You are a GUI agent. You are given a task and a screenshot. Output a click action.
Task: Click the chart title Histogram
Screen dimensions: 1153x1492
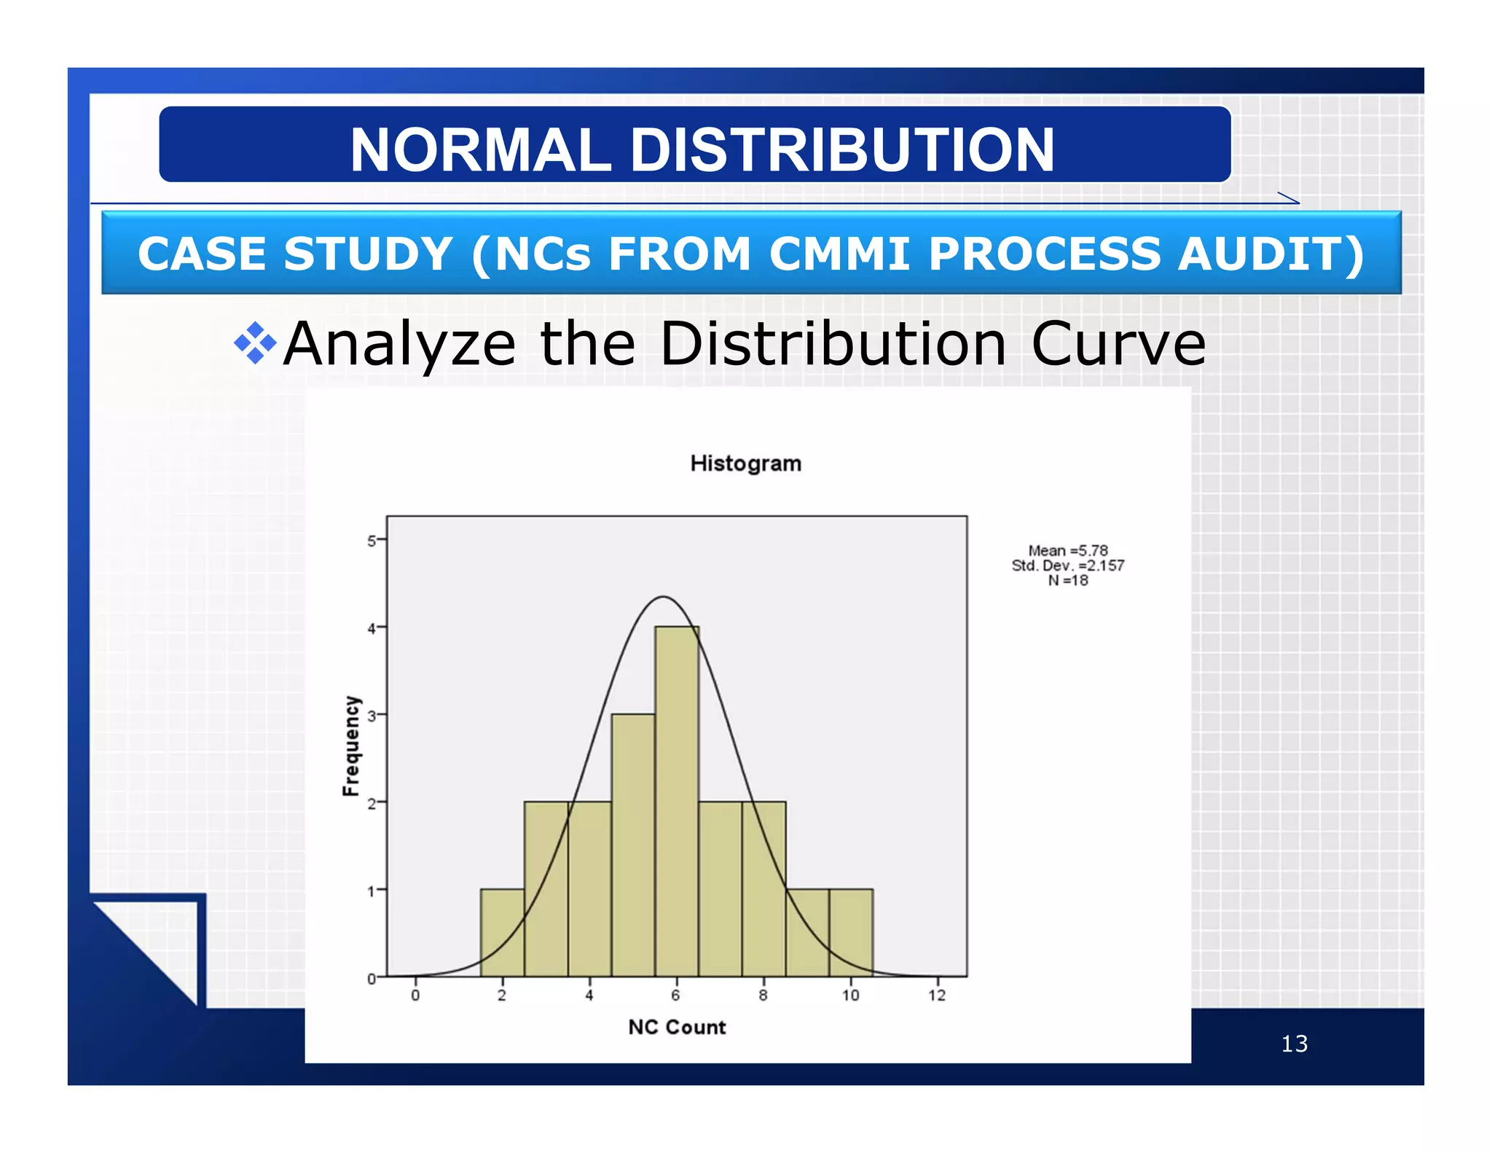tap(745, 464)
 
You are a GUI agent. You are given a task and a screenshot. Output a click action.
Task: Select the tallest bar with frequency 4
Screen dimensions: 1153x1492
tap(676, 802)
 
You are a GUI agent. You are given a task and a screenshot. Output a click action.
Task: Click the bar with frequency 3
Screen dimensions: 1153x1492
tap(632, 845)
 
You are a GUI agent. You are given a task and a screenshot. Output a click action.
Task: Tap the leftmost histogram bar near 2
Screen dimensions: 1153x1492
tap(502, 933)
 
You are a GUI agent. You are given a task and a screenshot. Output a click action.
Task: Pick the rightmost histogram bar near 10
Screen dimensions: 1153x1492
tap(850, 933)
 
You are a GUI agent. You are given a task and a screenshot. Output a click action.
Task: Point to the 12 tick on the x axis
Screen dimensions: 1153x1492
tap(937, 995)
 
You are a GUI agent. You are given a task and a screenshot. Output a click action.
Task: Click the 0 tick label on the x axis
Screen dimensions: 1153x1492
tap(415, 995)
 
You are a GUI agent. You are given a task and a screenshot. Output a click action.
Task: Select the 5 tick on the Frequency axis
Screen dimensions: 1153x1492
tap(372, 541)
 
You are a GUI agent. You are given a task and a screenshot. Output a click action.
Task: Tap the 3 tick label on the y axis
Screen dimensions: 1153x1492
tap(372, 716)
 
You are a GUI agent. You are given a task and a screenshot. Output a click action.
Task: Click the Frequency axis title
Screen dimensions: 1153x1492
tap(351, 746)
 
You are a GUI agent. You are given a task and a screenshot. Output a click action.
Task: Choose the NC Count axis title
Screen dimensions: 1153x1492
tap(677, 1027)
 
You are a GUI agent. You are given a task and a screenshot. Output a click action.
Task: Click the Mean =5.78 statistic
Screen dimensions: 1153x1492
tap(1067, 551)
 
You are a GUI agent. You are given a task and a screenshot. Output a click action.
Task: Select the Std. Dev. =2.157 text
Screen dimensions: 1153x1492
tap(1067, 566)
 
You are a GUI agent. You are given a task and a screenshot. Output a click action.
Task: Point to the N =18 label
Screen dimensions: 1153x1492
tap(1067, 581)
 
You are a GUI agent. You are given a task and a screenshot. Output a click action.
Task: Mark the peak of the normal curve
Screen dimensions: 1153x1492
tap(663, 598)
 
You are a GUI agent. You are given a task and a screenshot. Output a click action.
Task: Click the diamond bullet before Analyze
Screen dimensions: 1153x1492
tap(255, 343)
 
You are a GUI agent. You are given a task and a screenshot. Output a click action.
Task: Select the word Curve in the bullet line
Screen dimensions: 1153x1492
tap(1118, 344)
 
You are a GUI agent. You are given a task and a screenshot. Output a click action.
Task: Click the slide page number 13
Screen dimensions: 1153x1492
tap(1294, 1044)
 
